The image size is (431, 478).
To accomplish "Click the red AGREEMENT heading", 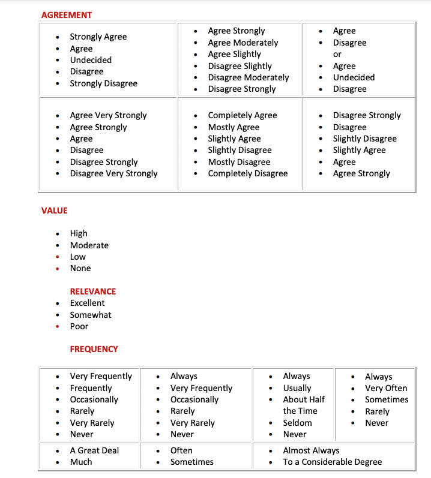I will pyautogui.click(x=67, y=14).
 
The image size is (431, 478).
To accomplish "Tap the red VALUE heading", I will pyautogui.click(x=55, y=211).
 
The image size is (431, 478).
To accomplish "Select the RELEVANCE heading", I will pyautogui.click(x=93, y=291).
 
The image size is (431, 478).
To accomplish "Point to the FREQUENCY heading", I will pyautogui.click(x=94, y=349).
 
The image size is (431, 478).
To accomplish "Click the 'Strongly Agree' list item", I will pyautogui.click(x=98, y=37).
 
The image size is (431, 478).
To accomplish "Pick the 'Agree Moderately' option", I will pyautogui.click(x=243, y=43).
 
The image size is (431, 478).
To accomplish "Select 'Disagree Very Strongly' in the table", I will pyautogui.click(x=113, y=173).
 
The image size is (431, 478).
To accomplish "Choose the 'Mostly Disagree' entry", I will pyautogui.click(x=239, y=162).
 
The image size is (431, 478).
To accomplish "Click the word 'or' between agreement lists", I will pyautogui.click(x=337, y=54).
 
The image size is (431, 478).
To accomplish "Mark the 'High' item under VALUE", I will pyautogui.click(x=79, y=233).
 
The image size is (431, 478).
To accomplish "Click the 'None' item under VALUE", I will pyautogui.click(x=80, y=268).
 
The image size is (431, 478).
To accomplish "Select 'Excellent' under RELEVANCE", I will pyautogui.click(x=87, y=303).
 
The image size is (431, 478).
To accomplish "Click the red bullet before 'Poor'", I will pyautogui.click(x=57, y=327).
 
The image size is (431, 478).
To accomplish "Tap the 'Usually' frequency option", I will pyautogui.click(x=297, y=388).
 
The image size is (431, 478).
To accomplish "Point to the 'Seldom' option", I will pyautogui.click(x=297, y=423).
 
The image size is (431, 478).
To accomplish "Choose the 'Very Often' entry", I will pyautogui.click(x=386, y=388).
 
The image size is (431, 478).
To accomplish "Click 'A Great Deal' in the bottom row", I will pyautogui.click(x=94, y=450).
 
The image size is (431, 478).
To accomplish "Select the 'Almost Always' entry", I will pyautogui.click(x=311, y=450).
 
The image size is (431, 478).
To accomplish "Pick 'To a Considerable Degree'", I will pyautogui.click(x=332, y=462).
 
